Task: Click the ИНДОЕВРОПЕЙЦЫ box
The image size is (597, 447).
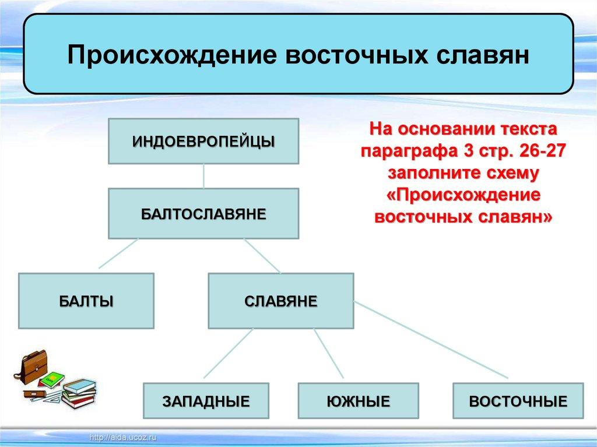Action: pos(203,141)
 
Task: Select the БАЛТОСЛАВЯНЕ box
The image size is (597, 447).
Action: pos(203,213)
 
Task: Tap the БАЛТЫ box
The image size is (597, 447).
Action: pos(86,301)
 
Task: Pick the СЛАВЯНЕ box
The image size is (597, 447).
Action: pos(281,301)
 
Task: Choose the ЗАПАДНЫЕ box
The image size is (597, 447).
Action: pos(206,401)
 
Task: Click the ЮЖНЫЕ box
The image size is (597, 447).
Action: pos(359,401)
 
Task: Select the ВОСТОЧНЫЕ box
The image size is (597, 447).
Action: pos(518,401)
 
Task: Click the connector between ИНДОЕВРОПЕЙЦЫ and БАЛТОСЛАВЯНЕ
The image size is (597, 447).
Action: pos(203,176)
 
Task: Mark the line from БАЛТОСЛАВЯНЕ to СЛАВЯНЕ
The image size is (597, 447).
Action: pos(262,256)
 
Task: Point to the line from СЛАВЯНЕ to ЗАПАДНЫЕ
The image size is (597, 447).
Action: pos(228,354)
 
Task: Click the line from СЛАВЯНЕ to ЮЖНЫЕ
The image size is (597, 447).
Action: pos(329,354)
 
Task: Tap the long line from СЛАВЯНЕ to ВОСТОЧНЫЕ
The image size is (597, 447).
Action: pos(431,340)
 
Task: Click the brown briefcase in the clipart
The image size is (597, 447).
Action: pos(33,367)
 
